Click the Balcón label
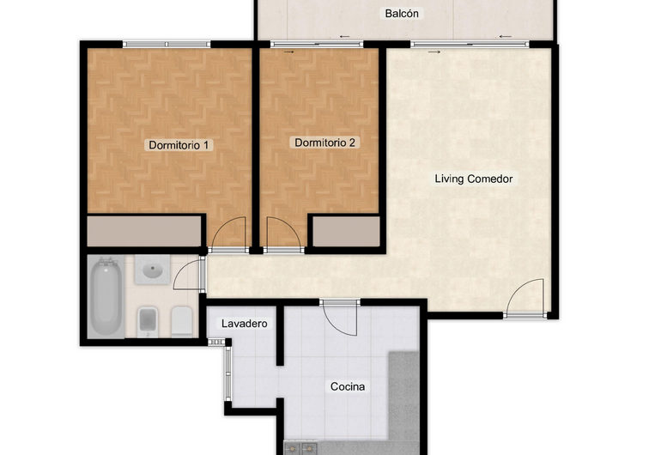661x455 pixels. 403,14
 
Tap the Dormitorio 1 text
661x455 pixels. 179,145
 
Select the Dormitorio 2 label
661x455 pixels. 324,143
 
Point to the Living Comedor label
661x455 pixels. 473,179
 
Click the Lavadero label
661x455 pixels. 245,324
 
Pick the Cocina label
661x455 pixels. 348,386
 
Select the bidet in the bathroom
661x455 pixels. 148,321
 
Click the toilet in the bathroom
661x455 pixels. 180,321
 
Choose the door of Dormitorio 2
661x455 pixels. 282,234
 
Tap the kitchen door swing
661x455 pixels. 341,318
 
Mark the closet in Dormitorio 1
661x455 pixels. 144,231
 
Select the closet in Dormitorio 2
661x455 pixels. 345,231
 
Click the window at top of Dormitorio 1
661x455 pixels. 167,44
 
